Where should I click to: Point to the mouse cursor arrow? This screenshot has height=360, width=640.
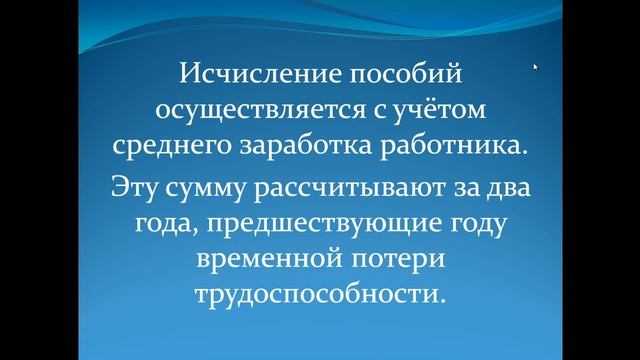[535, 67]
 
